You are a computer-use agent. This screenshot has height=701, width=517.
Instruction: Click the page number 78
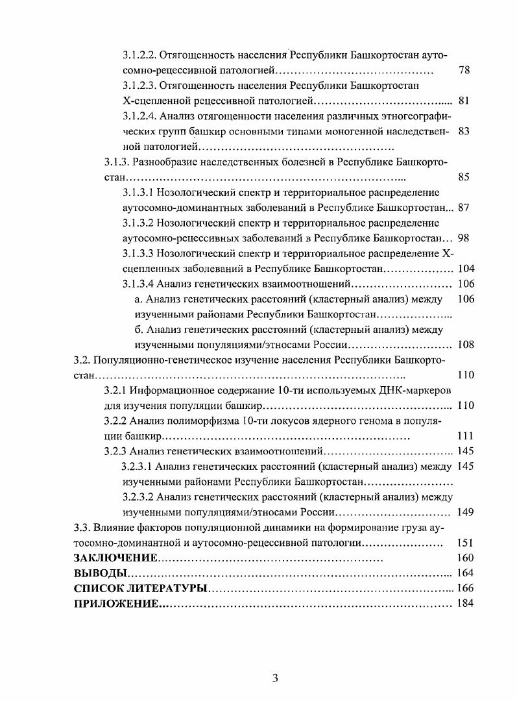pos(464,70)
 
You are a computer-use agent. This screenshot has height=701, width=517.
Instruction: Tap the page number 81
pos(464,101)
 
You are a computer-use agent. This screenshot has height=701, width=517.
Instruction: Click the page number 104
pos(466,269)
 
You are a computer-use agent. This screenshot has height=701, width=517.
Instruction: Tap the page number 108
pos(466,344)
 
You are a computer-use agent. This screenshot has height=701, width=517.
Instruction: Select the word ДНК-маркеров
pos(419,390)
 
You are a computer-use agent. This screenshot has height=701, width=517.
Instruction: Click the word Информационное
pos(173,390)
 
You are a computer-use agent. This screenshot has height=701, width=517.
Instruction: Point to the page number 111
pos(466,436)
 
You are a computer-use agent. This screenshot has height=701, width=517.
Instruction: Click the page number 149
pos(466,512)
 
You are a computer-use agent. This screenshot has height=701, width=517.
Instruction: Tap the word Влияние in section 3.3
pos(114,527)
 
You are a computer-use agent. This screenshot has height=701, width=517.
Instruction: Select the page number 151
pos(466,543)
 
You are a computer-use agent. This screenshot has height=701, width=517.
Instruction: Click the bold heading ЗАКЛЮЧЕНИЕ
pos(115,558)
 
